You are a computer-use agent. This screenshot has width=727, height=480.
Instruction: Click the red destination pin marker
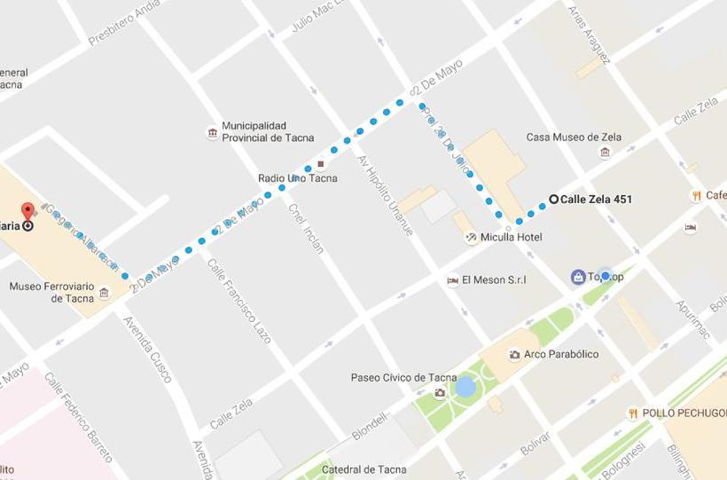coord(27,211)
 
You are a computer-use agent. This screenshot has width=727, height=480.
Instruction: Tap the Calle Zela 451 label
coord(596,200)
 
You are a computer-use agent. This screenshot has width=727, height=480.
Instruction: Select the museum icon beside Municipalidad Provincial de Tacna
coord(212,133)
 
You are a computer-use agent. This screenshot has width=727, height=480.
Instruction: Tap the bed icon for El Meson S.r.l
coord(453,280)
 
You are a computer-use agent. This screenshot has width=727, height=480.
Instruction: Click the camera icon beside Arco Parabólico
coord(514,355)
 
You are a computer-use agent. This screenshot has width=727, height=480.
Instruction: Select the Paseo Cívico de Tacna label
coord(403,377)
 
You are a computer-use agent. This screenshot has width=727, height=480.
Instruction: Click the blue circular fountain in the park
coord(465,387)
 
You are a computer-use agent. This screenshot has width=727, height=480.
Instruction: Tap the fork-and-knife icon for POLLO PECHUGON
coord(633,413)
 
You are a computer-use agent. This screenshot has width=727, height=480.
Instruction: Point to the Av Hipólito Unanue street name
coord(383,195)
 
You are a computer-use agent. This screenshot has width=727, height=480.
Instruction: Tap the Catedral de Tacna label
coord(364,470)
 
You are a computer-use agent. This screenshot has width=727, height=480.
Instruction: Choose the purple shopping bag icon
coord(578,277)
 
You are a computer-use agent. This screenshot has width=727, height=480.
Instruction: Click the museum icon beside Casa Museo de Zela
coord(605,152)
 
